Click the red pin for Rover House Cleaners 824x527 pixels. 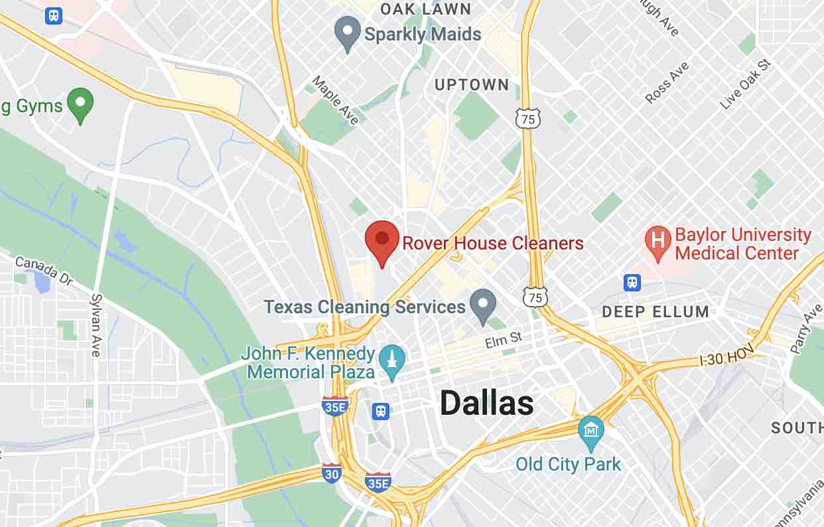point(382,241)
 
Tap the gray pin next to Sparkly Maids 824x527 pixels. point(346,33)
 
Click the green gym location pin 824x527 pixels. point(81,104)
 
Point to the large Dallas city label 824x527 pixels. point(486,403)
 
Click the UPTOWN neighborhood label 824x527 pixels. point(472,85)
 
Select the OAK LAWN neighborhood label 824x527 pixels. point(425,9)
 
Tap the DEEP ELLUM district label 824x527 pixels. point(655,311)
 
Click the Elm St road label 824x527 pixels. point(504,341)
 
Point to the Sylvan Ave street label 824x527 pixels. point(97,325)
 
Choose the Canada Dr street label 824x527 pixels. point(42,271)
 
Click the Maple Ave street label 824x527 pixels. point(336,100)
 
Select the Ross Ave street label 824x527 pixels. point(667,83)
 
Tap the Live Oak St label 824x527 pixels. point(746,84)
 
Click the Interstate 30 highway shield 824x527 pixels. point(332,473)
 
